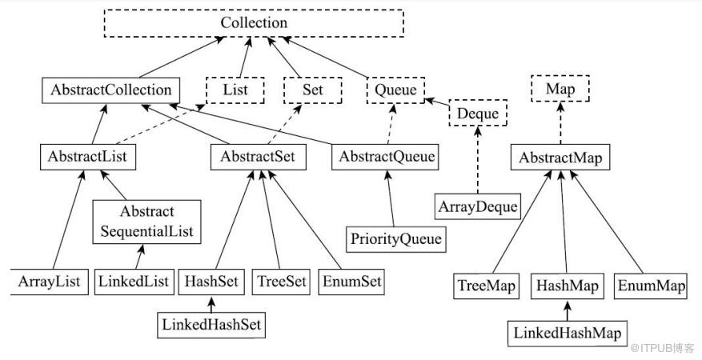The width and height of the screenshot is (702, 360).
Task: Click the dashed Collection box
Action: [254, 23]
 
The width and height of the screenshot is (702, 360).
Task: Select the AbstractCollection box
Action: [110, 90]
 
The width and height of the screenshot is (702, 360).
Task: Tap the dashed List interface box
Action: [235, 90]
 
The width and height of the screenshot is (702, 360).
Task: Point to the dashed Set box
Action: [312, 90]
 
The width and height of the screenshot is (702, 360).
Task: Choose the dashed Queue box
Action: [395, 90]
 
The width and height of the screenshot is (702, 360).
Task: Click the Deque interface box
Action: [478, 113]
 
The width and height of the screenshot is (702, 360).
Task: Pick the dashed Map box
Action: [560, 89]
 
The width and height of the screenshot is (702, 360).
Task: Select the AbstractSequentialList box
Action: [146, 222]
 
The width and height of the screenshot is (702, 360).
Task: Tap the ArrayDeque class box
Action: [478, 206]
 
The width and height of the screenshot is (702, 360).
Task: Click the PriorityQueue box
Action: [395, 239]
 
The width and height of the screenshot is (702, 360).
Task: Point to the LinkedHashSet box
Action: [211, 325]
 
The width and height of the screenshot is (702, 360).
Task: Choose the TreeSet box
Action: [281, 282]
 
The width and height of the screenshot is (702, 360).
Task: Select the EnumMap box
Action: [652, 286]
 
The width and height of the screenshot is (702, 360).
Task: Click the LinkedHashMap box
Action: [568, 334]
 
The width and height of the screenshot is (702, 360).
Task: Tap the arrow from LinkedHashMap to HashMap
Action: [568, 311]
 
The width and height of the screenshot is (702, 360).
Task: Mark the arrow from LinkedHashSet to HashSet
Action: [211, 304]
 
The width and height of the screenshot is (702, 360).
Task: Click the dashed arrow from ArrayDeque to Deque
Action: [478, 160]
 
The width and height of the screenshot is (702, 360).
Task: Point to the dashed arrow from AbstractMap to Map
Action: [560, 123]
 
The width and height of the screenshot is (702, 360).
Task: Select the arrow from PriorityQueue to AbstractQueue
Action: [391, 198]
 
